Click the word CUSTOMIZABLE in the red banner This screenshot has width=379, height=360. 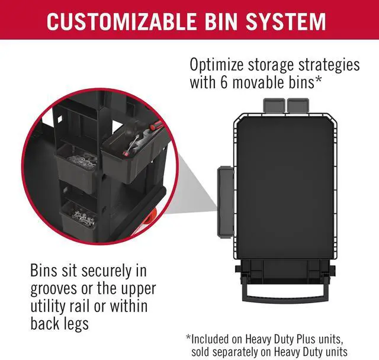121,22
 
